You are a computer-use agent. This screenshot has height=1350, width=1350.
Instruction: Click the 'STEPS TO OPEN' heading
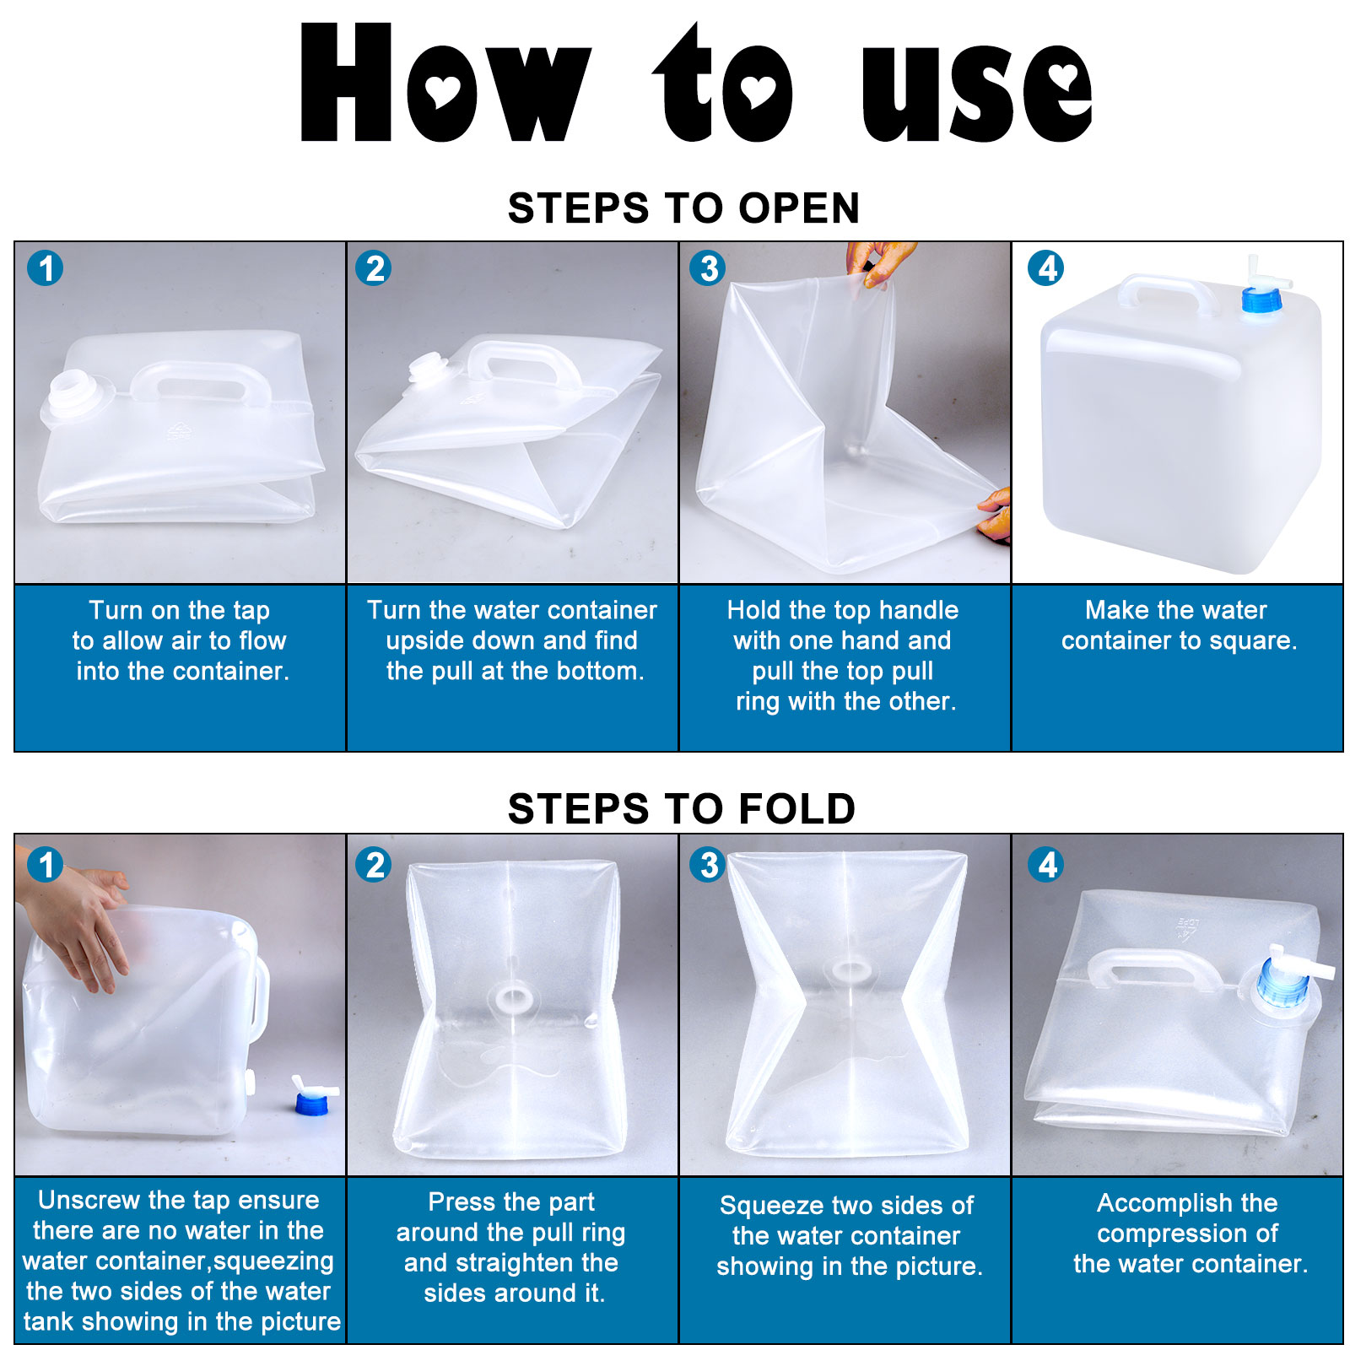(x=683, y=208)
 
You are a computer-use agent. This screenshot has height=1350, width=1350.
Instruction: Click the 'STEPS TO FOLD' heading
(x=682, y=808)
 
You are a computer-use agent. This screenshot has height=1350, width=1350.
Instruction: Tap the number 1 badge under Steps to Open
(x=46, y=268)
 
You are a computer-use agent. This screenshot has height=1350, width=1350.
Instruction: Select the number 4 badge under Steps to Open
(x=1046, y=268)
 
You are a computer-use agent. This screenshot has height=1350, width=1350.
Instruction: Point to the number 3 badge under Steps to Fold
(x=709, y=864)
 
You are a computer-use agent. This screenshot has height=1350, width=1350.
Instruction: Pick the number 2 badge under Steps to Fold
(x=374, y=864)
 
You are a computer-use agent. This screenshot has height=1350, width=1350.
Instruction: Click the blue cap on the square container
(x=1261, y=300)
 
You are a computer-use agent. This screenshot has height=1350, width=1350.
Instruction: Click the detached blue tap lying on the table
(x=314, y=1095)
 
